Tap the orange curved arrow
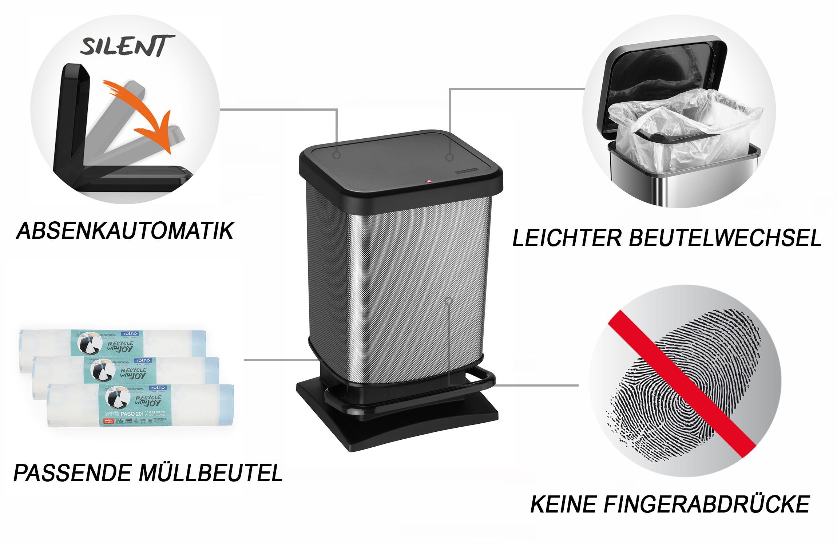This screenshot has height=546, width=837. point(146,116)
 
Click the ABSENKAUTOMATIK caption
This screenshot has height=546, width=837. point(125,231)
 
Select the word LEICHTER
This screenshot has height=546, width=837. point(566,238)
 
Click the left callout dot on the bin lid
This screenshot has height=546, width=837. point(337,155)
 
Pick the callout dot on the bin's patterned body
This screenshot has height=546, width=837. point(449,301)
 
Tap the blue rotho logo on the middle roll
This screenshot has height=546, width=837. point(143,360)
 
